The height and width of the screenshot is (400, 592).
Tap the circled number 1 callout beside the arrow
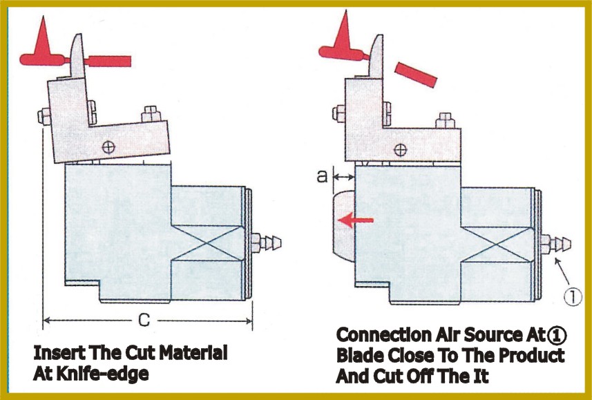tap(573, 296)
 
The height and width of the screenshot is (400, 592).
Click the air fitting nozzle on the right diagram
tap(561, 244)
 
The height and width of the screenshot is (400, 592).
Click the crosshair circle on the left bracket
tap(108, 146)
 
